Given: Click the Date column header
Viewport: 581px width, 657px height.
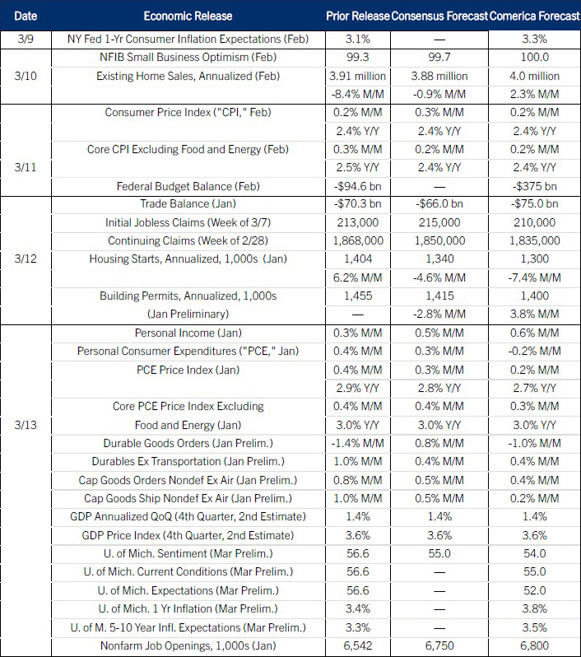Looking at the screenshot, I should point(25,16).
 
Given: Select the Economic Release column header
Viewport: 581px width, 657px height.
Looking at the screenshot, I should point(188,16).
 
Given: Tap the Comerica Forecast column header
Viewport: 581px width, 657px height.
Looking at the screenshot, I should point(534,16).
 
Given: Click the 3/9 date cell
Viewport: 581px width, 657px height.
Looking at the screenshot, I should point(25,38).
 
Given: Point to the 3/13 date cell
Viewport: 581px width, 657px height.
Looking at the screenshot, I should point(25,425).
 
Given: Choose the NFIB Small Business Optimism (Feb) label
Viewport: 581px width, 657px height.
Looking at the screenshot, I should point(188,58).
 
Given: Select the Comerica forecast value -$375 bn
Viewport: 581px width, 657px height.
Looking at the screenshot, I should point(534,185).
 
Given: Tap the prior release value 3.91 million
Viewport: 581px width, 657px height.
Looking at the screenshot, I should point(358,76).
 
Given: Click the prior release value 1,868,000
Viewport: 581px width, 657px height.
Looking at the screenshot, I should point(358,240).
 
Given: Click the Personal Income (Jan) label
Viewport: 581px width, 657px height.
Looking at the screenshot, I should point(188,333).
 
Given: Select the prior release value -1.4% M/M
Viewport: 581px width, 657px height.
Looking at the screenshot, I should point(358,443).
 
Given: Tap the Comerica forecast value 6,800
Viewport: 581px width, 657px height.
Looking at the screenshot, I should point(534,646).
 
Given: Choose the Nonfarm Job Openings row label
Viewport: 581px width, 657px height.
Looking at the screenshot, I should point(188,646).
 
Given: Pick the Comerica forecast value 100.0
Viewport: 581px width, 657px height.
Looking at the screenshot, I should point(534,58).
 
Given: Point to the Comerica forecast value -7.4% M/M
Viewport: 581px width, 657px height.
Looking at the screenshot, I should point(534,277).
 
